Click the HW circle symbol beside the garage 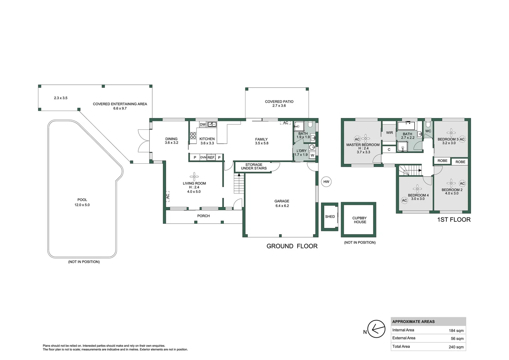coord(326,182)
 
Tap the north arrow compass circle coord(376,329)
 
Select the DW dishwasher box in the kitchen coord(203,124)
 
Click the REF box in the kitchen coord(211,157)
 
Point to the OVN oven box coord(203,157)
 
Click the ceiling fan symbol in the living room coord(194,176)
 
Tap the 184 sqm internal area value coord(456,331)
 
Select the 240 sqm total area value coord(456,347)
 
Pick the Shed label coord(330,217)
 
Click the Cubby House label coord(360,220)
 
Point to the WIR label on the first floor coord(389,133)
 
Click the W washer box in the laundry coord(312,155)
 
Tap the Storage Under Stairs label coord(254,166)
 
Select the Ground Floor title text coord(292,246)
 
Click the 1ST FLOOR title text coord(454,220)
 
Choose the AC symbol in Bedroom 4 coord(404,201)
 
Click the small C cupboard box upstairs coord(389,150)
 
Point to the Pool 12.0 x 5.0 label coord(82,202)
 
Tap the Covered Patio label coord(279,103)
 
